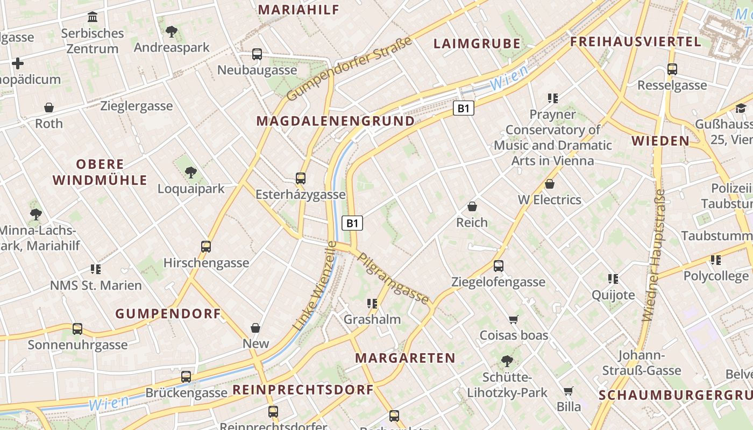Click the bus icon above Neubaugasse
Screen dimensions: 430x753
coord(257,54)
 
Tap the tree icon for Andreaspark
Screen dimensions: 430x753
coord(172,32)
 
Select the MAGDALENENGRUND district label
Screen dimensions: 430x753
coord(336,121)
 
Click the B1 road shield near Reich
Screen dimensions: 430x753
coord(352,223)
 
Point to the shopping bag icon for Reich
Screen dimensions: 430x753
coord(472,206)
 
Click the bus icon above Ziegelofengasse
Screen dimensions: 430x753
coord(499,266)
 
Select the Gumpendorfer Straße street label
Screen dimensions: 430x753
coord(349,69)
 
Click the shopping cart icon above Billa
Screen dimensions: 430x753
coord(569,391)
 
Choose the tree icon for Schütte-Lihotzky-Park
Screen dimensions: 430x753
coord(506,361)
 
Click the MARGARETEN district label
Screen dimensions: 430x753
coord(405,358)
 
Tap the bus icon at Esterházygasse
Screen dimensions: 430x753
coord(301,178)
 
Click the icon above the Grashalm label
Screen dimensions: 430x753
coord(371,304)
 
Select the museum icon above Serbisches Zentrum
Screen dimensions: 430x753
coord(93,17)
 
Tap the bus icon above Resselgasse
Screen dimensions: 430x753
coord(672,69)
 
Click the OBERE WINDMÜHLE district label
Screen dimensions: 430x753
coord(100,172)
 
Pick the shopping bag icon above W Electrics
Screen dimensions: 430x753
coord(550,184)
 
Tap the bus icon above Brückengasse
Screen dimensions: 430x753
coord(186,377)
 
